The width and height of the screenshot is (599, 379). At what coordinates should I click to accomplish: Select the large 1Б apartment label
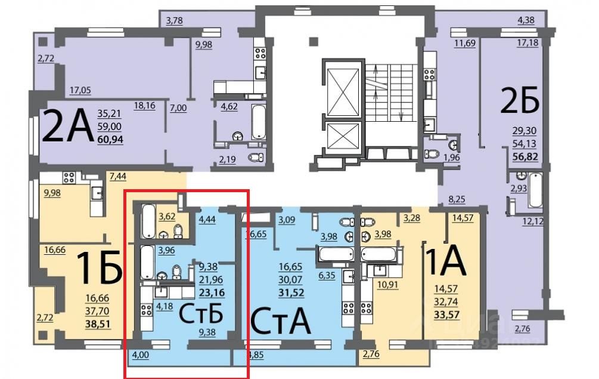pyautogui.click(x=99, y=268)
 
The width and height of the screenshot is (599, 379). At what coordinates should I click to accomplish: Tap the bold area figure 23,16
pyautogui.click(x=212, y=293)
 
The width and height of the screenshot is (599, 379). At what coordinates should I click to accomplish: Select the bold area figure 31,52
pyautogui.click(x=291, y=292)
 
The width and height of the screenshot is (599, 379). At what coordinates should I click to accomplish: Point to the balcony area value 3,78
pyautogui.click(x=174, y=22)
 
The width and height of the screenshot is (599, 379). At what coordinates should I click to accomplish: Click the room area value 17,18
pyautogui.click(x=527, y=43)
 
